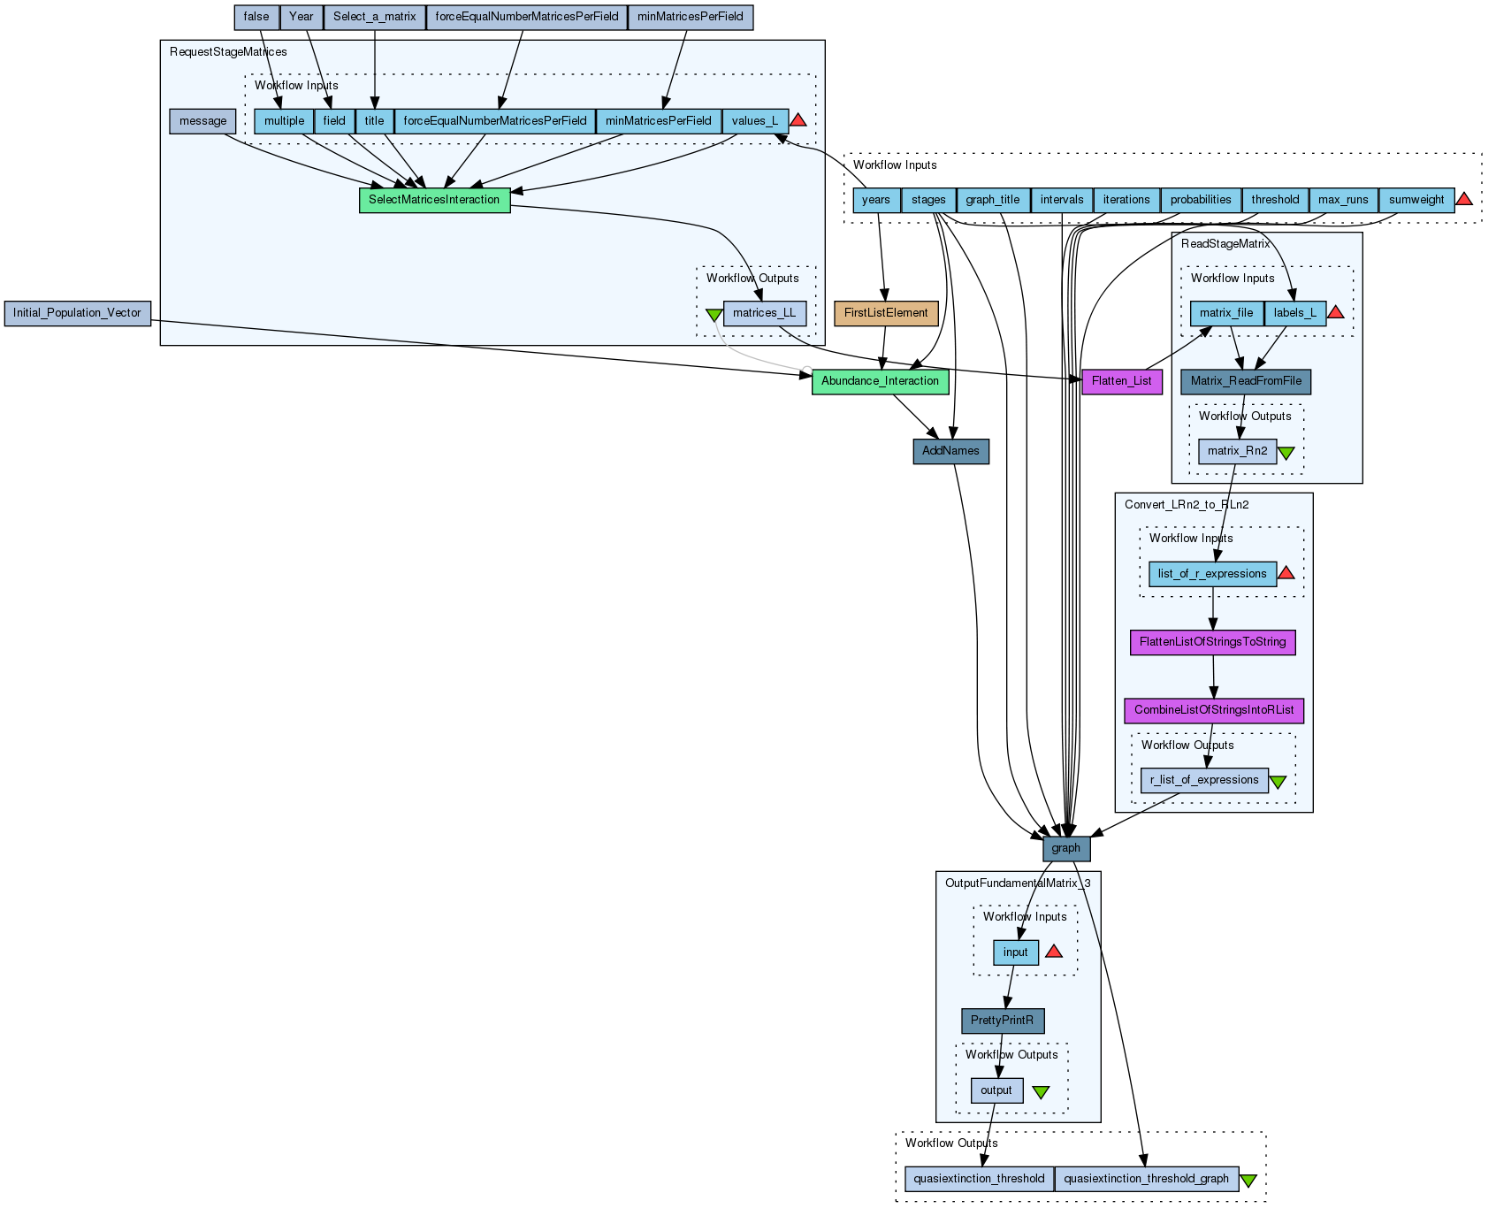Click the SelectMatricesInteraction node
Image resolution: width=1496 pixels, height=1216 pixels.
click(434, 200)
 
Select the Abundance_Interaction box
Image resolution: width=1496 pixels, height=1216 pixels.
click(880, 381)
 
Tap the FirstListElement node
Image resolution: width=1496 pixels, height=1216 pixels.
click(886, 313)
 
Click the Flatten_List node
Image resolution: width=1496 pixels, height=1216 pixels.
click(1121, 381)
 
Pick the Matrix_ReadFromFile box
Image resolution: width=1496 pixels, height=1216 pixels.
click(1246, 381)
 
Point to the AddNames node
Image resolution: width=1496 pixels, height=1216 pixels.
click(950, 451)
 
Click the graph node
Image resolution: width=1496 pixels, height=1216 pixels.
click(1065, 848)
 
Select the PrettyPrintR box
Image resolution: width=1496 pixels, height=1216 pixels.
click(1002, 1021)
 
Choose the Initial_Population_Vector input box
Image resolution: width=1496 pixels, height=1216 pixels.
click(77, 313)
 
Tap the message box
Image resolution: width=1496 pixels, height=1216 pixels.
click(202, 121)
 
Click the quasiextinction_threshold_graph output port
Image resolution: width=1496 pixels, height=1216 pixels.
click(1146, 1179)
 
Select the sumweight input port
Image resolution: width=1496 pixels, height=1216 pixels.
click(1416, 200)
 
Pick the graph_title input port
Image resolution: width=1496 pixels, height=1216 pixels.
click(992, 200)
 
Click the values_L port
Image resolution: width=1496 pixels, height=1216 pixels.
click(754, 121)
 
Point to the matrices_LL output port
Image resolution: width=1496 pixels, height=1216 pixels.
click(764, 313)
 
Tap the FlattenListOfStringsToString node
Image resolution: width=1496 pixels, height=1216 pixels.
click(1212, 642)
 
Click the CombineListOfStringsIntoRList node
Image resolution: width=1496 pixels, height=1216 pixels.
click(1213, 710)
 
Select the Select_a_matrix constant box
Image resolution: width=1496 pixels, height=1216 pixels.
click(374, 17)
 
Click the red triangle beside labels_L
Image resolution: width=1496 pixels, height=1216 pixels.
click(1335, 312)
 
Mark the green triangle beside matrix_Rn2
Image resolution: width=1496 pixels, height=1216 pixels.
click(1286, 453)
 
